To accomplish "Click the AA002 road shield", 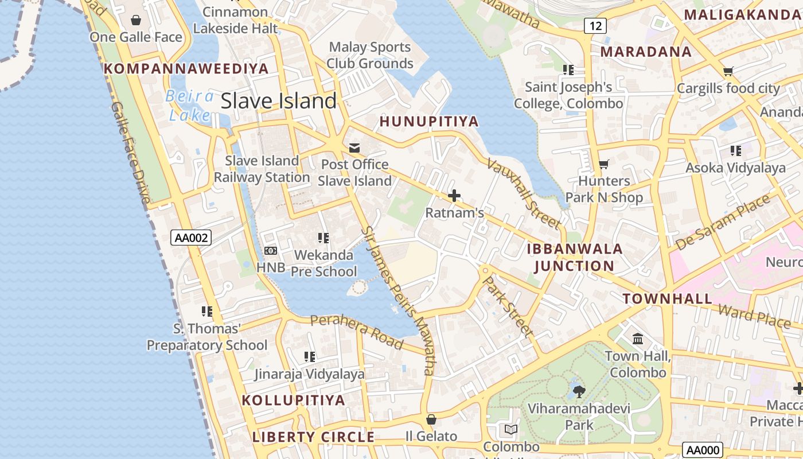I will pos(191,238).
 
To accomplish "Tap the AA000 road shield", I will pos(702,450).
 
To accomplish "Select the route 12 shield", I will pos(596,25).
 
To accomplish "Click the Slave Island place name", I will pos(279,101).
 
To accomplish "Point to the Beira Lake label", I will pos(190,106).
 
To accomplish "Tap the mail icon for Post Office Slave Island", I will pos(354,148).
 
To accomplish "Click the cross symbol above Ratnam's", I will pos(454,196).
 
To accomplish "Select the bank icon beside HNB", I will pos(271,251).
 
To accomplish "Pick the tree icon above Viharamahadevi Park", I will pos(579,392).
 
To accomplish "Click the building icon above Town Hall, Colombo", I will pos(637,339).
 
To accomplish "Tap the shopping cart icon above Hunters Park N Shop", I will pos(603,165).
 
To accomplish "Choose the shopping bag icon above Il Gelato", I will pos(431,419).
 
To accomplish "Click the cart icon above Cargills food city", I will pos(728,72).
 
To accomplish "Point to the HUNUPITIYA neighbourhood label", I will pos(429,122).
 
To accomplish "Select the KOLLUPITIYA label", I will pos(294,400).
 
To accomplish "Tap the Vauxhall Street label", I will pos(524,193).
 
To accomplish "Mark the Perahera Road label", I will pos(357,331).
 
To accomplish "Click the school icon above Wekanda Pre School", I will pos(323,238).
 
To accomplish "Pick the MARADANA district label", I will pos(646,52).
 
